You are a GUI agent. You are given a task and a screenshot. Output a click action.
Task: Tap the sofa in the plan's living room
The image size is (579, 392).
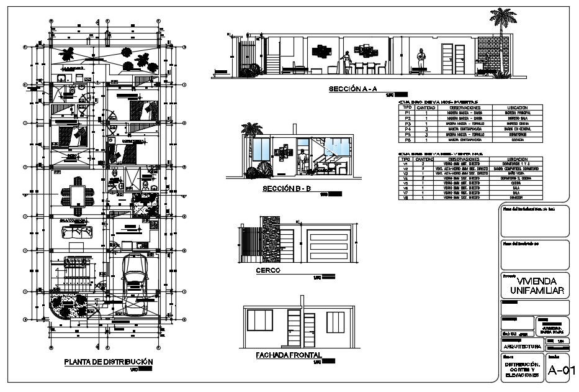(76, 231)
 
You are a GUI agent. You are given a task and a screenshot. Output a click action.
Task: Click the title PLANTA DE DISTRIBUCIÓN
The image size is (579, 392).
(109, 362)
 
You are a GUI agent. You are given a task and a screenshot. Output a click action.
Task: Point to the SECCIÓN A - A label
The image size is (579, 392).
(352, 89)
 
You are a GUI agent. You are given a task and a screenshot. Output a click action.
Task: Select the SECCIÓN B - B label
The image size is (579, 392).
(286, 189)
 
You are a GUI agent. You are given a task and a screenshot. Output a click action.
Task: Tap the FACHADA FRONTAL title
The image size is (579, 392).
(288, 355)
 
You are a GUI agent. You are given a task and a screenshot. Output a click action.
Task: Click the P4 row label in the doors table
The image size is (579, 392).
(408, 129)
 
